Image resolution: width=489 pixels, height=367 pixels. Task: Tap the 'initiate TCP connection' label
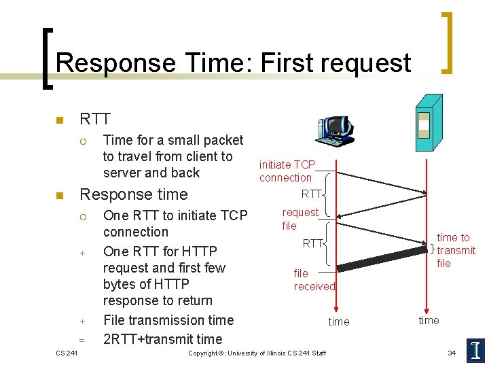coord(286,171)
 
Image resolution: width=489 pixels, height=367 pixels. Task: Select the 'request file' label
coord(300,219)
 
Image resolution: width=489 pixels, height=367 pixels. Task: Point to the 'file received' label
coord(314,280)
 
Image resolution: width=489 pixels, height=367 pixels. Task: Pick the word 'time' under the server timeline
coord(429,320)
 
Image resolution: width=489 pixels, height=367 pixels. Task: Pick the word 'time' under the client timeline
coord(339,321)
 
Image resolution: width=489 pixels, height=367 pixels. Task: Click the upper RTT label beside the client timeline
coord(311,194)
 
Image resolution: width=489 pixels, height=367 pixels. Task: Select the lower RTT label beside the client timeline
coord(312,243)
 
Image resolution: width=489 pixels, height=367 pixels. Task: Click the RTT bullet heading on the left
coord(94,120)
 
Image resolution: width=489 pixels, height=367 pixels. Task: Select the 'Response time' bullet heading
coord(134,194)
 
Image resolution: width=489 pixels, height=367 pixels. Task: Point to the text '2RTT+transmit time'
coord(162,339)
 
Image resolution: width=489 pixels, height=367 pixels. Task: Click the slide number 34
coord(452,353)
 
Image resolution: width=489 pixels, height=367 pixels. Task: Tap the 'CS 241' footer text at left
coord(66,353)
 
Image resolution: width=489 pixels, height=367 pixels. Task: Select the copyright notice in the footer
coord(257,353)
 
